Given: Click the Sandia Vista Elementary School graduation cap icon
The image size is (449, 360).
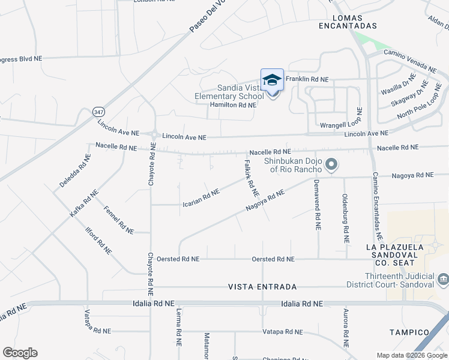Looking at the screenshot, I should click(x=272, y=80).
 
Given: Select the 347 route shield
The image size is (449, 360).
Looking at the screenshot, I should click(x=99, y=112).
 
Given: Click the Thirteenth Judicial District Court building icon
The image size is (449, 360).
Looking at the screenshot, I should click(x=443, y=278).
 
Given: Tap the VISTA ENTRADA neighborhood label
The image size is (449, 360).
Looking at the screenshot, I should click(x=262, y=287).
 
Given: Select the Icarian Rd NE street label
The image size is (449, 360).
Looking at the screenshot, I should click(x=200, y=199).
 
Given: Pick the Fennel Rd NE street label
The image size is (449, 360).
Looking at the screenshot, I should click(x=118, y=220).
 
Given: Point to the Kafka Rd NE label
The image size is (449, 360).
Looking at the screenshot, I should click(x=83, y=205).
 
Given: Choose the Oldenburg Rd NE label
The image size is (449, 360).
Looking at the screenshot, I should click(x=345, y=217).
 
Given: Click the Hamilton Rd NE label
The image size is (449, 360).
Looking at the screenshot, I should click(x=233, y=105).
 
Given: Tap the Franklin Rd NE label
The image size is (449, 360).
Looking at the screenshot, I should click(x=307, y=79).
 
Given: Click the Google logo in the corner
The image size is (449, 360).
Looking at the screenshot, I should click(x=20, y=353).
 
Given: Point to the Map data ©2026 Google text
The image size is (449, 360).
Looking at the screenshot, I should click(x=412, y=355).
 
